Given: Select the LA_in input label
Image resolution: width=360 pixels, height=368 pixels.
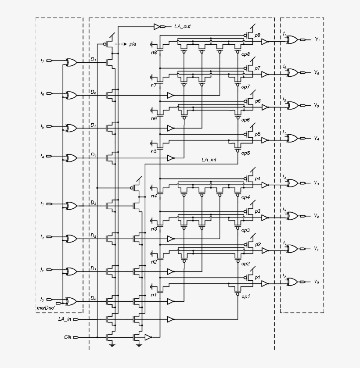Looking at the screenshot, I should click(65, 319).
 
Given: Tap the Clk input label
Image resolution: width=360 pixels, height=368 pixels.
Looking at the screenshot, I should click(68, 337).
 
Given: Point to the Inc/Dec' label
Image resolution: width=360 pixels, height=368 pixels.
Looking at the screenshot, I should click(45, 309).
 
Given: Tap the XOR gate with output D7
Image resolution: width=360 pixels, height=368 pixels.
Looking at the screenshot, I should click(71, 62).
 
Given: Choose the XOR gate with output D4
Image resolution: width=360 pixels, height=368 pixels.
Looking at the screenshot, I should click(71, 157).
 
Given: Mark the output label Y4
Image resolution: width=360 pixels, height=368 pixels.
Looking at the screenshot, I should click(316, 138).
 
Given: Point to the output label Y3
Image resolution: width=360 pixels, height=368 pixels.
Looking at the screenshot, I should click(316, 182).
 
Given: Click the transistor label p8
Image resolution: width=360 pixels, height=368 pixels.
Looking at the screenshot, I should click(257, 35).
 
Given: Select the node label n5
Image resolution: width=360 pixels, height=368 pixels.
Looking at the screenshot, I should click(154, 152).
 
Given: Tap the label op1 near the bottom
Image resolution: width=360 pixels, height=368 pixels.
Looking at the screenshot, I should click(245, 297).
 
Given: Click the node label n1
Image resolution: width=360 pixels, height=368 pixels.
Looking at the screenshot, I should click(154, 295).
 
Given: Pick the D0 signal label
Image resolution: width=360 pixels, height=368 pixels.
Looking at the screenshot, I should click(93, 298).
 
